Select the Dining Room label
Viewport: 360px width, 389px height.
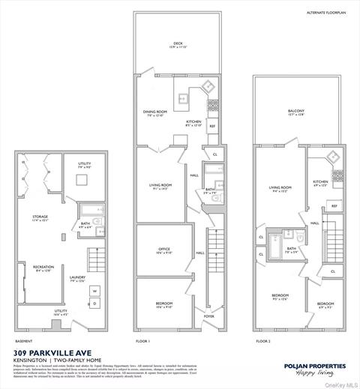point(154,113)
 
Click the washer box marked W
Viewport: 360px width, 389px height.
point(95,291)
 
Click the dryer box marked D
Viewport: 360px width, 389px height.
point(95,303)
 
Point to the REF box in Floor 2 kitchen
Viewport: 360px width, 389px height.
point(334,205)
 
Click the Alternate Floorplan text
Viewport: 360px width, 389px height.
point(323,13)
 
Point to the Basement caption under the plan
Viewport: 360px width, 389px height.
point(24,340)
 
